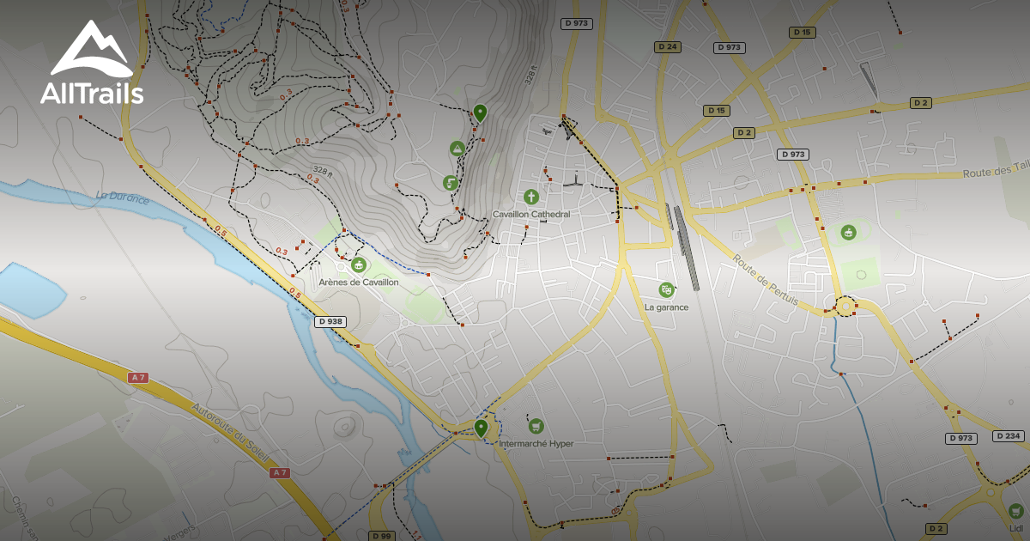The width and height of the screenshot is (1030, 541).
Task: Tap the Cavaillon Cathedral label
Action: point(531,214)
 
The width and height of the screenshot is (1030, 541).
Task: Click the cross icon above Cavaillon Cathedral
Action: point(531,197)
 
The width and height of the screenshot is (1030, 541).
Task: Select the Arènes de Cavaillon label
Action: point(358,282)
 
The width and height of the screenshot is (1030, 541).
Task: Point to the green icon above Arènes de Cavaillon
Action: point(358,265)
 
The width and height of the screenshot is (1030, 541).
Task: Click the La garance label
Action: point(666,307)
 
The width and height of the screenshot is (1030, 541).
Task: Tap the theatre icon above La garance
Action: point(666,290)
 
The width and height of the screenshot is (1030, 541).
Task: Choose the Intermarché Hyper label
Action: point(536,444)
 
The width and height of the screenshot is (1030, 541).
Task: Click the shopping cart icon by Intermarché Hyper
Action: point(536,426)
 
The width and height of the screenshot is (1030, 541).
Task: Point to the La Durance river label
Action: point(123,199)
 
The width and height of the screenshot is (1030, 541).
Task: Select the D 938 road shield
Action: point(330,321)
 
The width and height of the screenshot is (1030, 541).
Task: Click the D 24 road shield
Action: point(667,46)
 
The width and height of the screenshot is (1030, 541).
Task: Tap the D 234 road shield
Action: point(1009,436)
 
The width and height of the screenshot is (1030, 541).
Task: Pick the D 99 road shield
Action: point(382,536)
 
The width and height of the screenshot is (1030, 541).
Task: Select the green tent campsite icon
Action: point(457,149)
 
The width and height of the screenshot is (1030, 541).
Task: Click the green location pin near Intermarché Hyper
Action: point(481,427)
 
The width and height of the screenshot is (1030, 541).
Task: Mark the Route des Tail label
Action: point(996,173)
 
